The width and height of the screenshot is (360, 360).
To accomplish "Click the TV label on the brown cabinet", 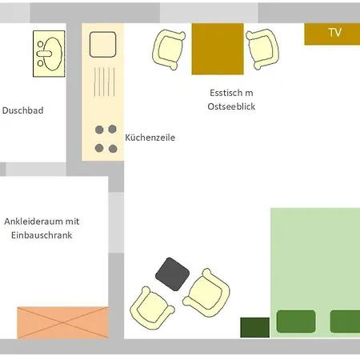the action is (x=335, y=32).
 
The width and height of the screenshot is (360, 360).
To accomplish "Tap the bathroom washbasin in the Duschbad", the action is (x=49, y=54).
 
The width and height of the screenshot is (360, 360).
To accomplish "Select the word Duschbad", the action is (x=22, y=110).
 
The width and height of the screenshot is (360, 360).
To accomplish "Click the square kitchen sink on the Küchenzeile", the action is (x=102, y=45).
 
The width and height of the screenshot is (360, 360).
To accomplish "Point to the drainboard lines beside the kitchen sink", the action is (x=104, y=82).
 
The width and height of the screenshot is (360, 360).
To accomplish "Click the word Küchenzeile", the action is (x=150, y=138).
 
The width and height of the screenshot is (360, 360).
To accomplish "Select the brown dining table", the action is (x=218, y=49).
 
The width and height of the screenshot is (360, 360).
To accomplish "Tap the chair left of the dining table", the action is (x=169, y=50).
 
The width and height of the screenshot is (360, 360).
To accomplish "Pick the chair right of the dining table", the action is (x=262, y=50).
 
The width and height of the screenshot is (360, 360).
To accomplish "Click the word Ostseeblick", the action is (x=231, y=106).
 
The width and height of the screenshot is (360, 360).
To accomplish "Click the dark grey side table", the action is (x=173, y=274).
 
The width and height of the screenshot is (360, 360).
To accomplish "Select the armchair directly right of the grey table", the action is (x=207, y=293).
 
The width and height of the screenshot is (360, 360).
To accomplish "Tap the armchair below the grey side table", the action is (x=152, y=308).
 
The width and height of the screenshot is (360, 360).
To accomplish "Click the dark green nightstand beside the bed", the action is (x=255, y=327).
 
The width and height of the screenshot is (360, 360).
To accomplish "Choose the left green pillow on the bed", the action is (x=296, y=322).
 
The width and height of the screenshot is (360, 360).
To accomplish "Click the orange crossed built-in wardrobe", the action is (x=63, y=322).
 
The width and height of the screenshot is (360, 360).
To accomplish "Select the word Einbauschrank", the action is (x=42, y=235).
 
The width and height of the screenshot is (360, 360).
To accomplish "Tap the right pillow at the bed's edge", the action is (x=345, y=322).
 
